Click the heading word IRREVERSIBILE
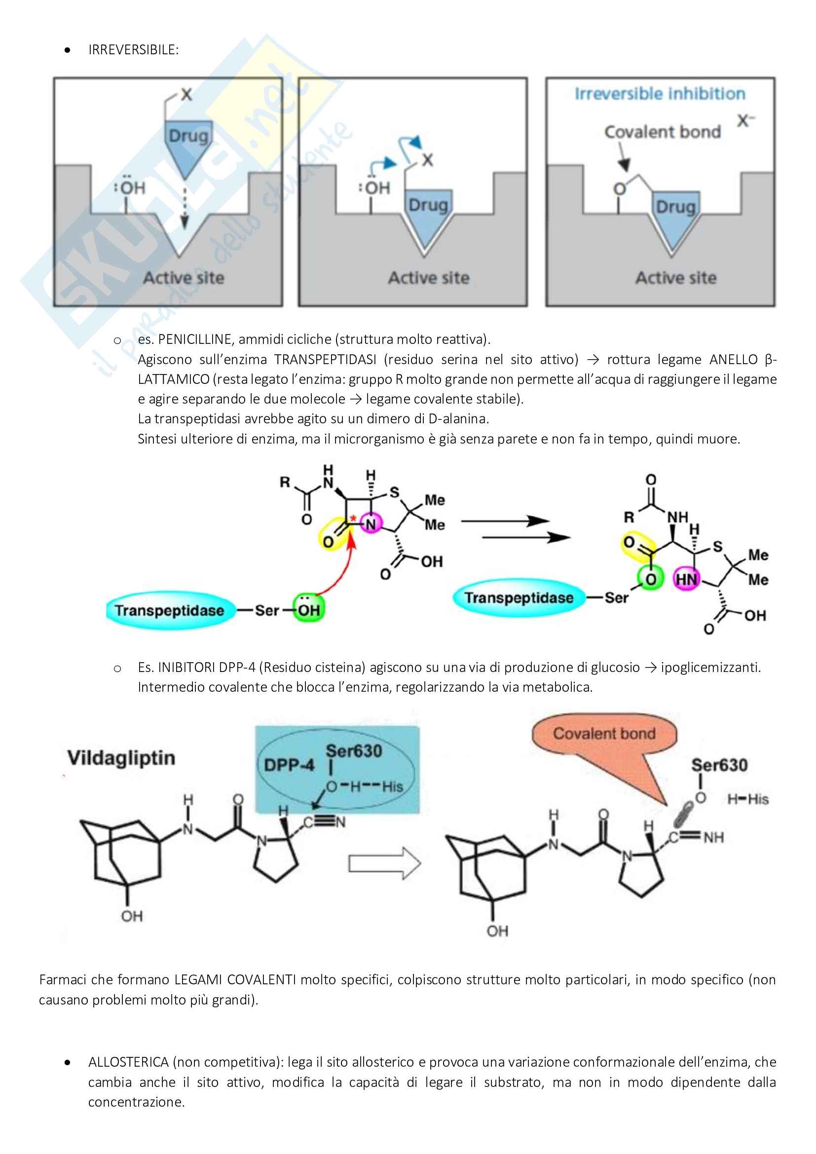[x=133, y=50]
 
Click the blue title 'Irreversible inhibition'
[x=660, y=94]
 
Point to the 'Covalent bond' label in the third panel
[x=662, y=132]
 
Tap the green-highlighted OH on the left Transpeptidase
[x=308, y=610]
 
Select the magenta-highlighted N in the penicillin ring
[x=371, y=525]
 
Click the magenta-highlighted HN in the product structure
[x=686, y=580]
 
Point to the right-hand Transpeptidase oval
[x=519, y=597]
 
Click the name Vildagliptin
[x=121, y=758]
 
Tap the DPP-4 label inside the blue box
[x=289, y=765]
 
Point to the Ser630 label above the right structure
[x=719, y=765]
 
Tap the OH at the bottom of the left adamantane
[x=132, y=916]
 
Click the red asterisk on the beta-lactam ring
[x=353, y=518]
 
